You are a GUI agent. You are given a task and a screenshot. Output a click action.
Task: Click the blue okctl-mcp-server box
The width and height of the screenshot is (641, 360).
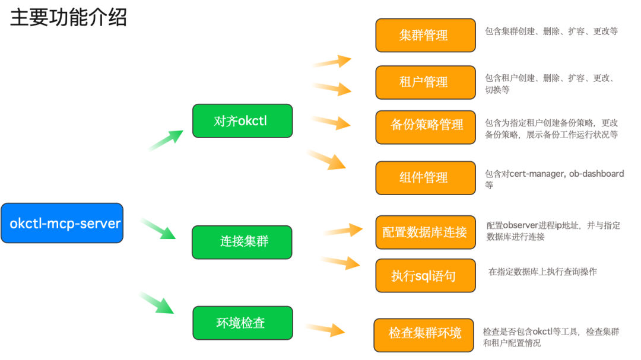click(x=62, y=224)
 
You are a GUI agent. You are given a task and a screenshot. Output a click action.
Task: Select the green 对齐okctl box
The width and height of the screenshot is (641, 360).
click(x=242, y=121)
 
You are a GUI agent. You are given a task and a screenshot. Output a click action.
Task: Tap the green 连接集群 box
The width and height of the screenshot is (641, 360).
click(x=242, y=242)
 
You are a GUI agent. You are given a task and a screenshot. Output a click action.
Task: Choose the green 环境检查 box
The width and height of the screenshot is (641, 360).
click(x=242, y=323)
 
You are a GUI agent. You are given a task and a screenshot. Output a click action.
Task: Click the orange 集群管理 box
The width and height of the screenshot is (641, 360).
click(x=425, y=35)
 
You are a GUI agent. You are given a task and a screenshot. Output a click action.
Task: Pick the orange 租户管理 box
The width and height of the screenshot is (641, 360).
click(x=425, y=82)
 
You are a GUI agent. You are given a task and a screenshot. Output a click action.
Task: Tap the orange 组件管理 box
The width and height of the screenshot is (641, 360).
click(x=425, y=177)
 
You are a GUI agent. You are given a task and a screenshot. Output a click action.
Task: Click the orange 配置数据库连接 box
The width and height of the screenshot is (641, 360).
click(x=425, y=232)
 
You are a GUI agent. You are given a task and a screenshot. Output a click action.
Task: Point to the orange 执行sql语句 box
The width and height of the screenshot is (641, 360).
click(x=425, y=276)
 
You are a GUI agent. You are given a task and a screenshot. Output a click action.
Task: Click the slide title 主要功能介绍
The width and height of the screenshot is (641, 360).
click(x=68, y=18)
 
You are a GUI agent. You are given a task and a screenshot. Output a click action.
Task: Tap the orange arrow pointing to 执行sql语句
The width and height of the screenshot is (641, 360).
click(x=341, y=262)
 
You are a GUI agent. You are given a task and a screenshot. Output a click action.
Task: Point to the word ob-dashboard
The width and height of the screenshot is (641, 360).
click(x=596, y=174)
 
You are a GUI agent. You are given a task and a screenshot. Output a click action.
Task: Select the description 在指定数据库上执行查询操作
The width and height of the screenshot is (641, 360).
click(x=542, y=272)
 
